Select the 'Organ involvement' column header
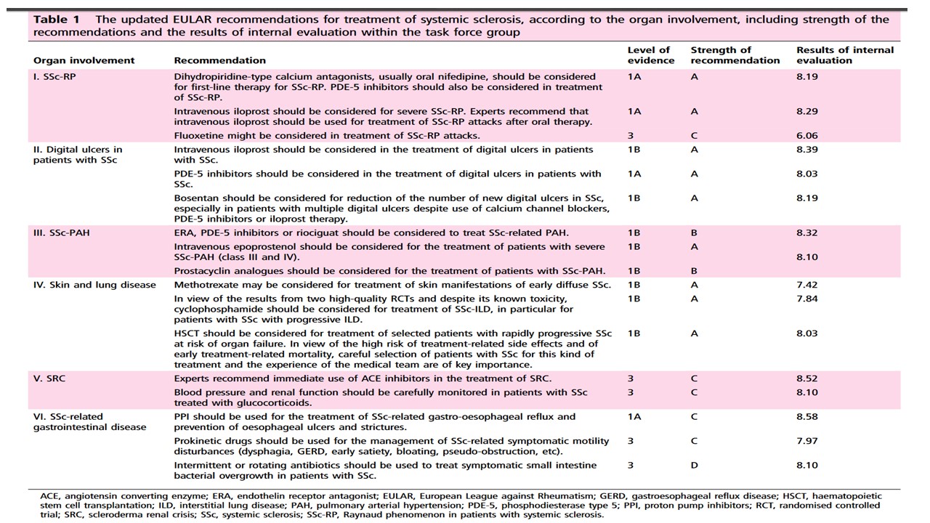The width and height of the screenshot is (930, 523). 84,60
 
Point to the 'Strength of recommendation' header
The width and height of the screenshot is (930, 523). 735,55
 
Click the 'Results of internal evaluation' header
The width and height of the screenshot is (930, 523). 845,55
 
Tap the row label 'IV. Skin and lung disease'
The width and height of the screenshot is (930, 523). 94,285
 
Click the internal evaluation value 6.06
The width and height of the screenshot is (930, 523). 807,136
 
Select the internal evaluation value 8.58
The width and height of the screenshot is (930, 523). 807,417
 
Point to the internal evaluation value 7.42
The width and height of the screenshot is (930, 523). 807,285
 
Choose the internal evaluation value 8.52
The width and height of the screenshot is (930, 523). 807,378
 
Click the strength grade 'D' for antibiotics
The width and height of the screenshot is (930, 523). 695,466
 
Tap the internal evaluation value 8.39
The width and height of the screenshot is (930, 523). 807,150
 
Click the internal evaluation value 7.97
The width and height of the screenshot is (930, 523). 807,441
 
